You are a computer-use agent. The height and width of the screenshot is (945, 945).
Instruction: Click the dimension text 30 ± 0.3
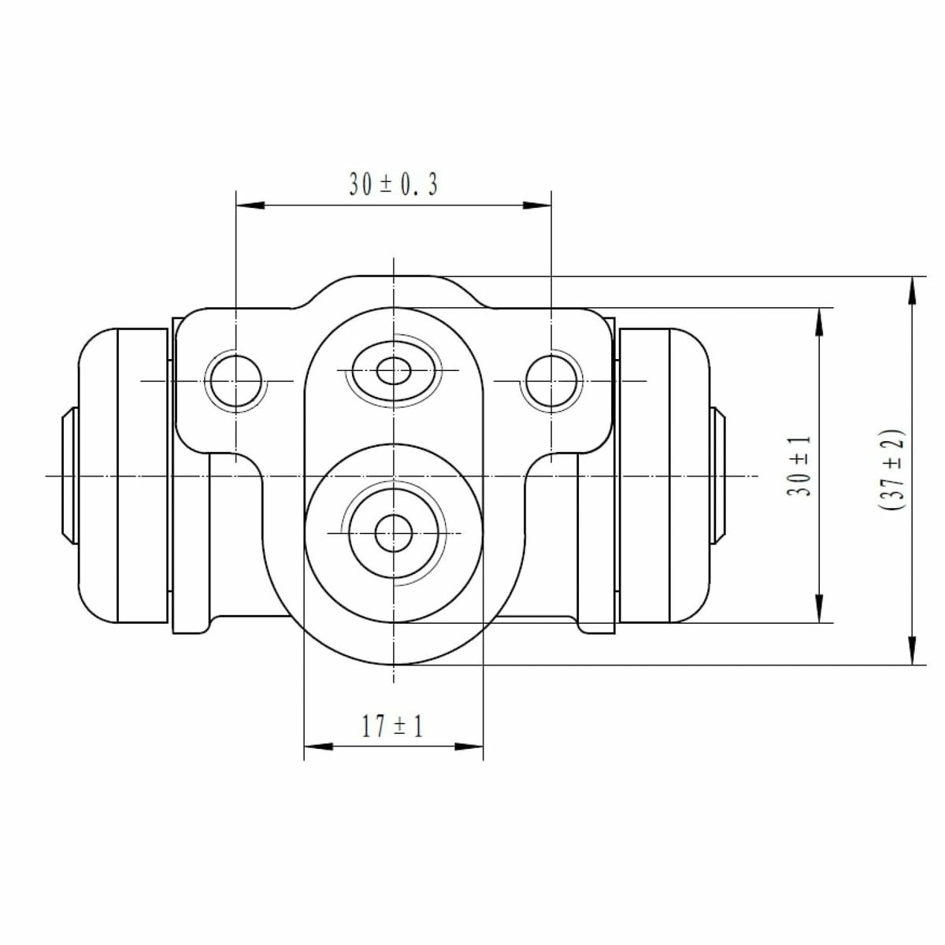coord(393,184)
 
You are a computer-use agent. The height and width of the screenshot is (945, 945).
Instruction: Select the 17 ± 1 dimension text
coord(392,726)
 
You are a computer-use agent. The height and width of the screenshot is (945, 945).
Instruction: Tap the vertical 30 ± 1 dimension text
coord(799,466)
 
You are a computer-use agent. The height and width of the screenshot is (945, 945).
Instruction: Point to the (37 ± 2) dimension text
coord(891,470)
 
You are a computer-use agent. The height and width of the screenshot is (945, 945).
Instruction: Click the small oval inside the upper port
coord(393,371)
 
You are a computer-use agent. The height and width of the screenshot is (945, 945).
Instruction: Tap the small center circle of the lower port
coord(393,533)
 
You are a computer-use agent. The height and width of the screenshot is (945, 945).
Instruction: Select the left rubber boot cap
coord(123,476)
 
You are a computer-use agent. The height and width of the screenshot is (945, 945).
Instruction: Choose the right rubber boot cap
coord(665,476)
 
